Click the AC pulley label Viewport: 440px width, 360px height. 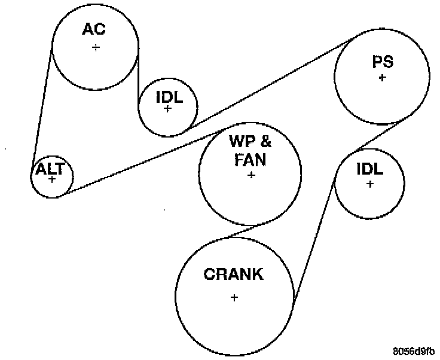coord(95,29)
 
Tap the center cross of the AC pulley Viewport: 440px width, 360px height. coord(96,47)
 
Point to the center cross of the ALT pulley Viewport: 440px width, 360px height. coord(52,178)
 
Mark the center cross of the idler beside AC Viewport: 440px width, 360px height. coord(167,108)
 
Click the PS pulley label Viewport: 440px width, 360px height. coord(382,62)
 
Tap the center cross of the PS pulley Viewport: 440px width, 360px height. coord(382,77)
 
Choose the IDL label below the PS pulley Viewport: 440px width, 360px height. coord(369,169)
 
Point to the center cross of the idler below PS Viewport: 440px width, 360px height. coord(370,184)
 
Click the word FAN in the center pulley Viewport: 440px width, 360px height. coord(251,160)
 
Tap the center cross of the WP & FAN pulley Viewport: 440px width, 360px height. coord(251,175)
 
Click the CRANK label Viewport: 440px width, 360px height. coord(233,274)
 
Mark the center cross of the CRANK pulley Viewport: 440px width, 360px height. coord(234,297)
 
